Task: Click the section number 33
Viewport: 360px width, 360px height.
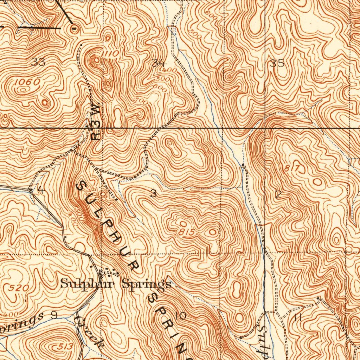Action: point(38,63)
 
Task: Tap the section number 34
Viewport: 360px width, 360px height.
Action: point(158,63)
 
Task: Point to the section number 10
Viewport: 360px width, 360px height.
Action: point(181,316)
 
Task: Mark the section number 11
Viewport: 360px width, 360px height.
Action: point(298,317)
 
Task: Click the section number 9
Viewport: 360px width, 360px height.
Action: point(54,315)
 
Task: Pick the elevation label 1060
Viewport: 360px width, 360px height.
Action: point(27,82)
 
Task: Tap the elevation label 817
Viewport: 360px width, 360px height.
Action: point(291,169)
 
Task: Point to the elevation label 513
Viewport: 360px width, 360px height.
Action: point(65,347)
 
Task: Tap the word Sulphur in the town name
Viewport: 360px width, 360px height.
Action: point(89,283)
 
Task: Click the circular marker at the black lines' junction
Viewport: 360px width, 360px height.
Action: point(74,30)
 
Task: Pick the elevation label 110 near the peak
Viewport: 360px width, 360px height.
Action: point(112,53)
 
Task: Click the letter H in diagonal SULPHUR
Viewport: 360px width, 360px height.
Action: point(115,240)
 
